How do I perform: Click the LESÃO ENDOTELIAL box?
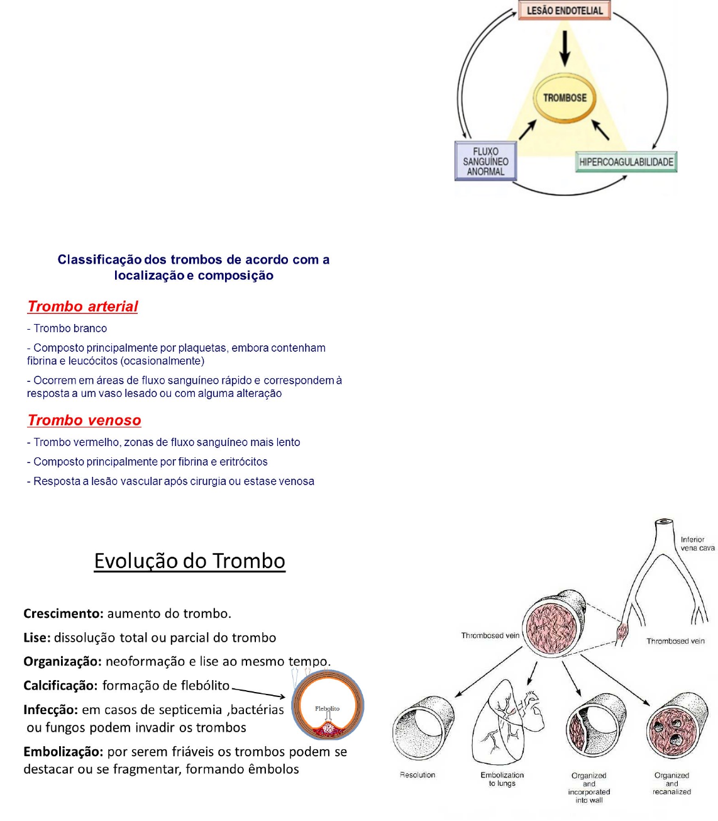click(565, 11)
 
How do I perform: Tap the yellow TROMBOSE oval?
click(565, 98)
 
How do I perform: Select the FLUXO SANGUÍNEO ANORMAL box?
click(485, 162)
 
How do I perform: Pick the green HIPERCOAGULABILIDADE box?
click(626, 162)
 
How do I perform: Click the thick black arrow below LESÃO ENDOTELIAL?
click(565, 48)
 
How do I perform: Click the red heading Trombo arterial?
click(82, 306)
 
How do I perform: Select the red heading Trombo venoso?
click(84, 420)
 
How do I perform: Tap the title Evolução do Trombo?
click(189, 561)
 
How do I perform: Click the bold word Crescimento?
click(63, 613)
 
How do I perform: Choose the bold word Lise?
click(36, 637)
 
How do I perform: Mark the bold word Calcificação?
click(60, 685)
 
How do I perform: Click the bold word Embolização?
click(63, 751)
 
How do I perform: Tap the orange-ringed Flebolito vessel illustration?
click(328, 705)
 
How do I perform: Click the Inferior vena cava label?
click(697, 544)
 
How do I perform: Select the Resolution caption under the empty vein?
click(417, 774)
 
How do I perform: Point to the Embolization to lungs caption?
click(502, 779)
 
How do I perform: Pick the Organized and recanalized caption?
click(671, 783)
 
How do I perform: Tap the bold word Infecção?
click(50, 710)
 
